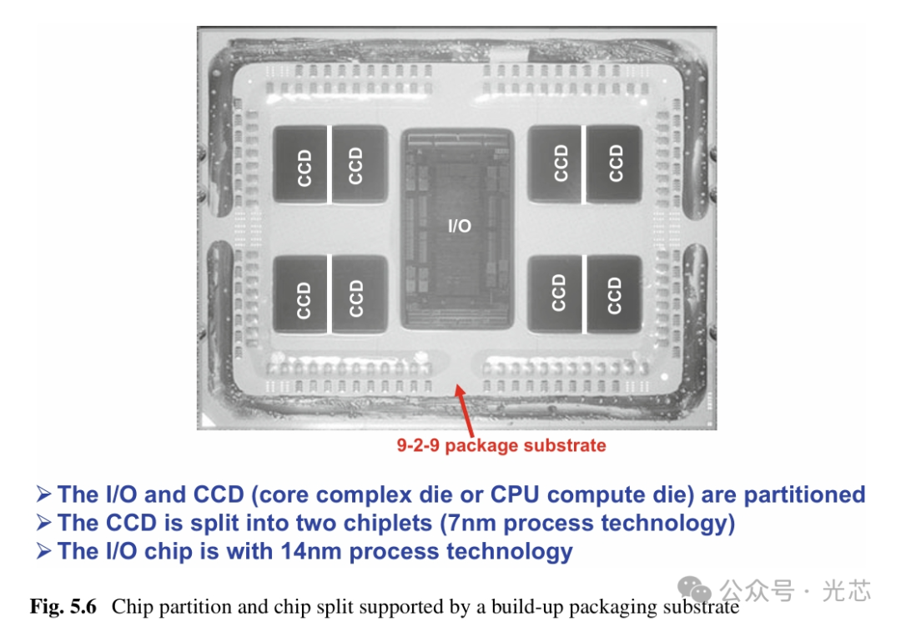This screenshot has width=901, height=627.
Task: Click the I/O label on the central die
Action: pos(459,226)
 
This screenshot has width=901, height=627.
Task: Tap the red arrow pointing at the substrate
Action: pos(465,409)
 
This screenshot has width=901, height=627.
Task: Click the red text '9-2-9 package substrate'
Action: pos(501,445)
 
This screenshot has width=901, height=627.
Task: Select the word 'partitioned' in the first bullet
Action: pos(804,494)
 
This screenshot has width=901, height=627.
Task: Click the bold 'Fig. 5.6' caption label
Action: pos(63,606)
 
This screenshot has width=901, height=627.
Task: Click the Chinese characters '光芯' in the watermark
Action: pos(846,591)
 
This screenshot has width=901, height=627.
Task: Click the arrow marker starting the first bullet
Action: pos(44,495)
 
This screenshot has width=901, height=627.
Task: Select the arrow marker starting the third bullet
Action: pos(44,552)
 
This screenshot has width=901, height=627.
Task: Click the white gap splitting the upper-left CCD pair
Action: pos(330,165)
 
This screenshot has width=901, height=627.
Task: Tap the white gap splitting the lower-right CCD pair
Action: pos(586,293)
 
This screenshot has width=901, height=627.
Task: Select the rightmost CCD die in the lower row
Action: pos(615,293)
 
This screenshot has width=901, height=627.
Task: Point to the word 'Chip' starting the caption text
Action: pos(128,606)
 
